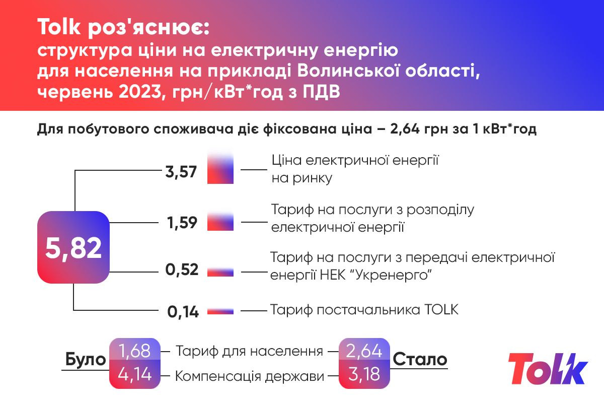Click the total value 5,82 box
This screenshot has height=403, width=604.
(x=73, y=247)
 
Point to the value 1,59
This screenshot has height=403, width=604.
(x=182, y=222)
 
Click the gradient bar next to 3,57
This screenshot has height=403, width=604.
(x=220, y=169)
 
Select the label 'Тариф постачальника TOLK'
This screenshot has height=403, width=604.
(x=364, y=309)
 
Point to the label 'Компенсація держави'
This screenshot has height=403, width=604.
(x=249, y=376)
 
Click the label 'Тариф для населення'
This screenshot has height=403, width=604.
(x=249, y=351)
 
